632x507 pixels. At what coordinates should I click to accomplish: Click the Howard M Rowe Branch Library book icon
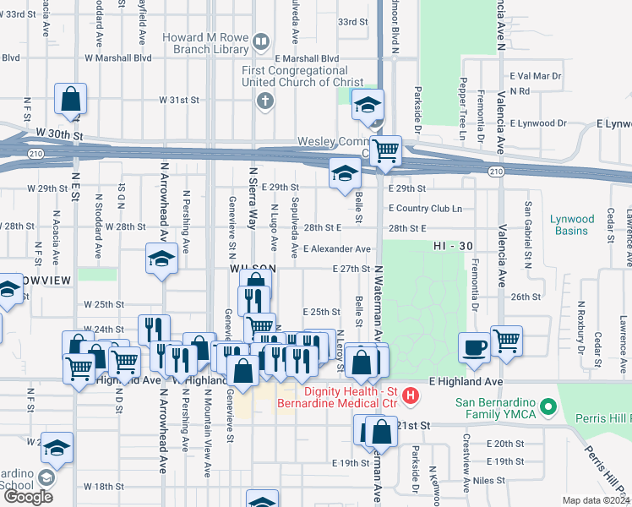(261, 41)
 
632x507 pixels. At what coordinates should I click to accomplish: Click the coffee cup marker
(474, 347)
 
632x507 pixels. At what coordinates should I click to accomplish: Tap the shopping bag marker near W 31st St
(71, 98)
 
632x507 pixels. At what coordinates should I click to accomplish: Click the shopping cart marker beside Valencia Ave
(506, 341)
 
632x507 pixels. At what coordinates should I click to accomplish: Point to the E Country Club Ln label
(425, 208)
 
